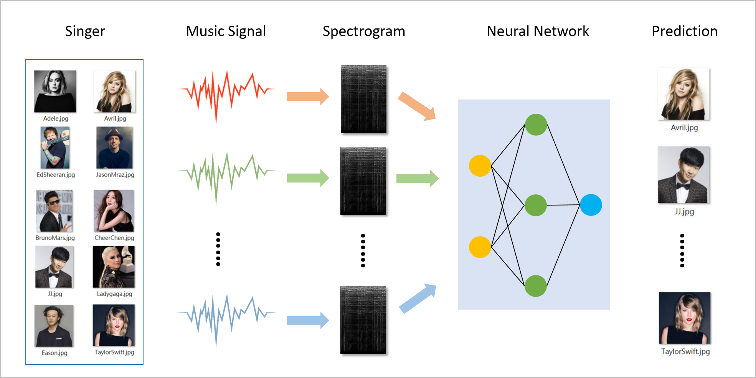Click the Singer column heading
point(85,31)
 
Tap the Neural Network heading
point(538,31)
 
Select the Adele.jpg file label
point(56,118)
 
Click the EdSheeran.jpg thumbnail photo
point(55,148)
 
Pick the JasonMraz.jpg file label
point(115,175)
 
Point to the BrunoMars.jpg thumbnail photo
point(54,211)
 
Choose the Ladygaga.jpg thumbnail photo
point(114,267)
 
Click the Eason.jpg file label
point(54,353)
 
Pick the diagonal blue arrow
point(418,298)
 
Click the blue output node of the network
point(591,205)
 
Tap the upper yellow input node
point(480,166)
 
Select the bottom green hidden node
point(536,286)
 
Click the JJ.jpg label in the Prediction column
point(684,211)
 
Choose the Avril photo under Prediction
point(684,94)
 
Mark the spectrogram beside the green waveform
point(363,181)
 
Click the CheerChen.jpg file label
point(114,238)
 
